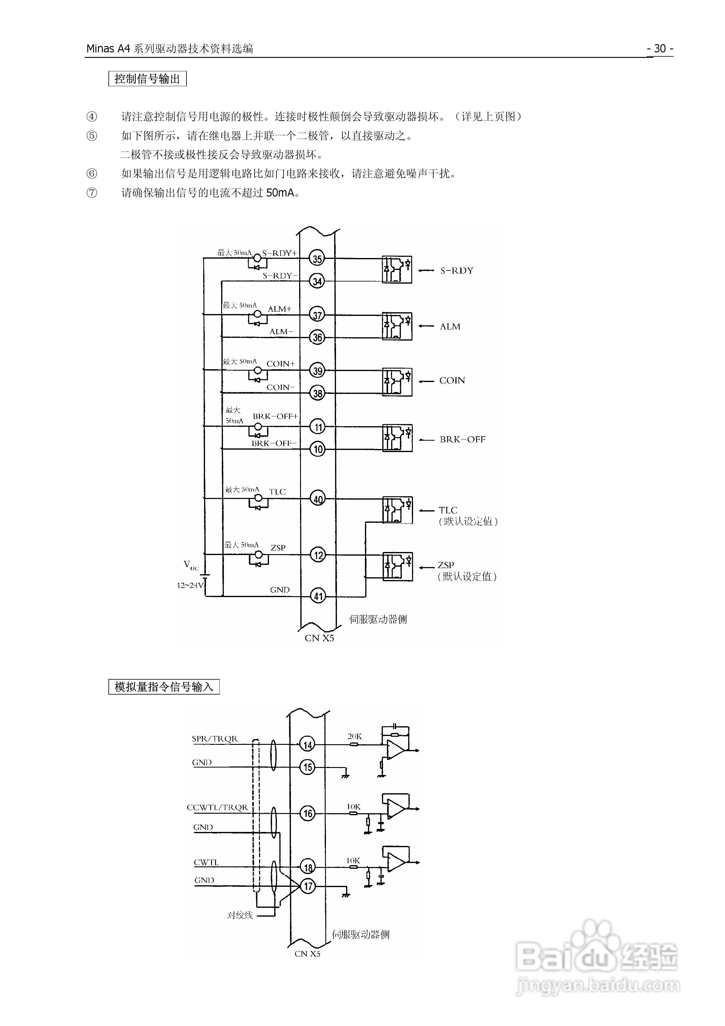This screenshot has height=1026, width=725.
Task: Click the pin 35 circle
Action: [317, 259]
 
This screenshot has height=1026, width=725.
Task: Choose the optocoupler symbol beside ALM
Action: [397, 326]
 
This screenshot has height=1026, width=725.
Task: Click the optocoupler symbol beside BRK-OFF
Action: [397, 438]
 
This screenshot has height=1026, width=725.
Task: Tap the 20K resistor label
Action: [355, 736]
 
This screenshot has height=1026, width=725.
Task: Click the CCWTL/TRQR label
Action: [217, 808]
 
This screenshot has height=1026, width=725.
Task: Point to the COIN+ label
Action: [281, 364]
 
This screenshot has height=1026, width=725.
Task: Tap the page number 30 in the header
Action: [660, 48]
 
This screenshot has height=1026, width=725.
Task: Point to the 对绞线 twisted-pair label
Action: [240, 915]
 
